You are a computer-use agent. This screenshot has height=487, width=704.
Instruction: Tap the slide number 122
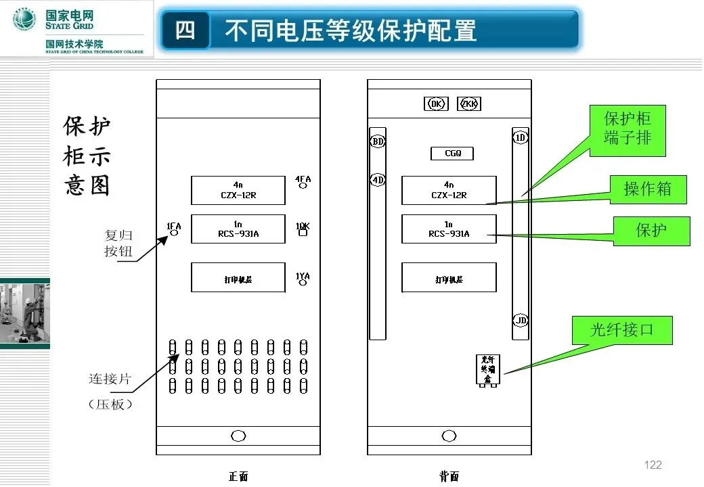tap(653, 465)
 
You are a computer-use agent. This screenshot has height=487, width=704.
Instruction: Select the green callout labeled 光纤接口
tap(621, 330)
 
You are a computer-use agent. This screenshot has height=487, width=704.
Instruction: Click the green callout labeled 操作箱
tap(647, 189)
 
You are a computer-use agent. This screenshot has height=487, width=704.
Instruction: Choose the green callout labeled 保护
tap(651, 231)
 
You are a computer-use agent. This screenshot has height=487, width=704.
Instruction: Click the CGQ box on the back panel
tap(452, 154)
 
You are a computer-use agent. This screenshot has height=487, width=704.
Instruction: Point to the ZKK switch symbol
tap(469, 103)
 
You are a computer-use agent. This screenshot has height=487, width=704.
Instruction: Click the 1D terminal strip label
tap(520, 137)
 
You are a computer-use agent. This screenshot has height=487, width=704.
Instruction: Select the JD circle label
tap(520, 320)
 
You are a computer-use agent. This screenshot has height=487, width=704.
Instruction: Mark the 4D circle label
tap(377, 180)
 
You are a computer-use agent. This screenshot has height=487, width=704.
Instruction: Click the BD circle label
tap(377, 141)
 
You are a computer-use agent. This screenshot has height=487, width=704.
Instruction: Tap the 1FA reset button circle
tap(174, 233)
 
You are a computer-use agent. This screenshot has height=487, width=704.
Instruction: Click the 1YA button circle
tap(303, 283)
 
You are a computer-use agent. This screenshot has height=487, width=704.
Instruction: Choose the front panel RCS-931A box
tap(238, 229)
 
